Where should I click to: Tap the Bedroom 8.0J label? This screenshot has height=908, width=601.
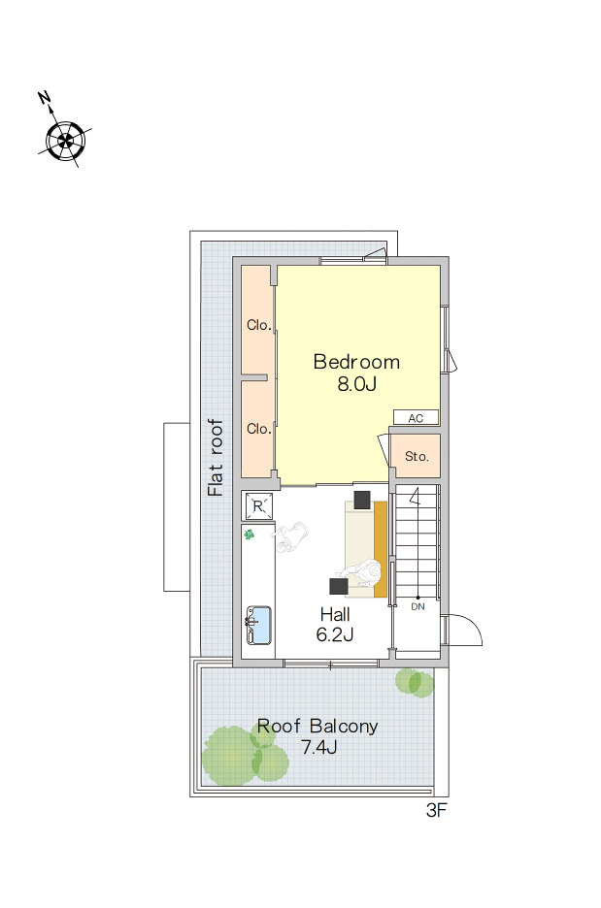click(356, 373)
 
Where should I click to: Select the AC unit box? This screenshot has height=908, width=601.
click(416, 417)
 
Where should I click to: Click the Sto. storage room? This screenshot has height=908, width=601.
click(416, 456)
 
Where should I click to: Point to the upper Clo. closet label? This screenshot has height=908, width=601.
click(258, 325)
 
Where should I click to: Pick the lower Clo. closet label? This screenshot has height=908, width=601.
click(258, 429)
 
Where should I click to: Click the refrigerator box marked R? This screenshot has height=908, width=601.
click(258, 506)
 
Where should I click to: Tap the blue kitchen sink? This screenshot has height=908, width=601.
click(258, 626)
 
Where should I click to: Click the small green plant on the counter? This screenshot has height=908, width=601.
click(250, 535)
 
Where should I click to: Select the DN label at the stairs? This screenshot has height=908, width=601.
click(417, 606)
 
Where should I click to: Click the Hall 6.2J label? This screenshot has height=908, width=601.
click(335, 625)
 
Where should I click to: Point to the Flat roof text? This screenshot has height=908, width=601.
click(215, 458)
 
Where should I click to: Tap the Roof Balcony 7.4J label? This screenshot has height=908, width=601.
click(317, 736)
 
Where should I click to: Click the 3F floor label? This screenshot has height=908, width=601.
click(436, 811)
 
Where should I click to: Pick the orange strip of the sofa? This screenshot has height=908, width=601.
click(381, 549)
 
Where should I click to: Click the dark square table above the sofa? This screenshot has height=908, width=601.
click(362, 500)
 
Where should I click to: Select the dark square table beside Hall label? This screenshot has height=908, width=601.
click(339, 586)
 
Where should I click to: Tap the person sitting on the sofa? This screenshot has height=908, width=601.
click(362, 574)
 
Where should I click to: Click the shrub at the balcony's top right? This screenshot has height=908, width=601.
click(415, 683)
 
